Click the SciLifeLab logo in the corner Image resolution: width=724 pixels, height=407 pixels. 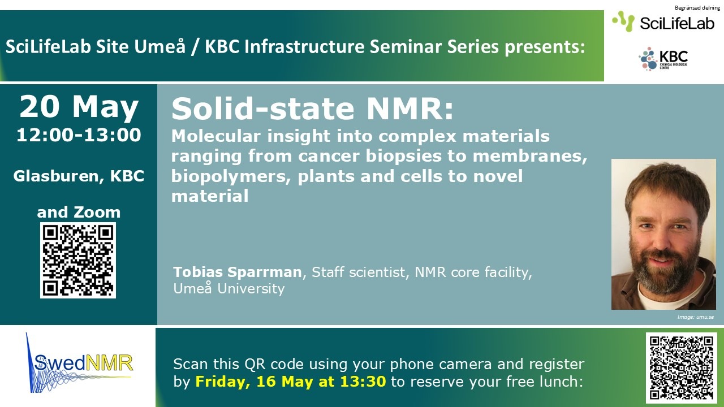click(x=663, y=21)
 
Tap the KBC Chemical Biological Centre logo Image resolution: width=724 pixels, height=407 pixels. click(x=663, y=58)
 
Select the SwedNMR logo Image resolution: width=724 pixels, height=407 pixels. click(x=80, y=363)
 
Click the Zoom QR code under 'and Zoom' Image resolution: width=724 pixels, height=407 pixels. click(x=78, y=260)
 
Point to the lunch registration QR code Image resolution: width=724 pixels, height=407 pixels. click(x=682, y=368)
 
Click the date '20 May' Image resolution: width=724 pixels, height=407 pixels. click(x=79, y=107)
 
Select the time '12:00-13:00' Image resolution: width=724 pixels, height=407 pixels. click(x=79, y=135)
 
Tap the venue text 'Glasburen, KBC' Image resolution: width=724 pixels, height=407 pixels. click(x=79, y=176)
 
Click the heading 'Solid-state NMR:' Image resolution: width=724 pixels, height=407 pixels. click(x=313, y=109)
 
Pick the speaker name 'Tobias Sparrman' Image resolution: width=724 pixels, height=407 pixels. click(x=237, y=272)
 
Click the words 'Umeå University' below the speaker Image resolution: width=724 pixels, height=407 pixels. click(x=229, y=288)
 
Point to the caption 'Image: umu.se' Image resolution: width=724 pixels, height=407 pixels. click(x=696, y=317)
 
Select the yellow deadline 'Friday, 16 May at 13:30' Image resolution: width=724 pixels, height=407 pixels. click(x=291, y=382)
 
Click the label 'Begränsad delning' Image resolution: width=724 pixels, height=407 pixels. click(x=697, y=8)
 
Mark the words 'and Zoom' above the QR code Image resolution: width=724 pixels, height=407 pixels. click(x=79, y=212)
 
